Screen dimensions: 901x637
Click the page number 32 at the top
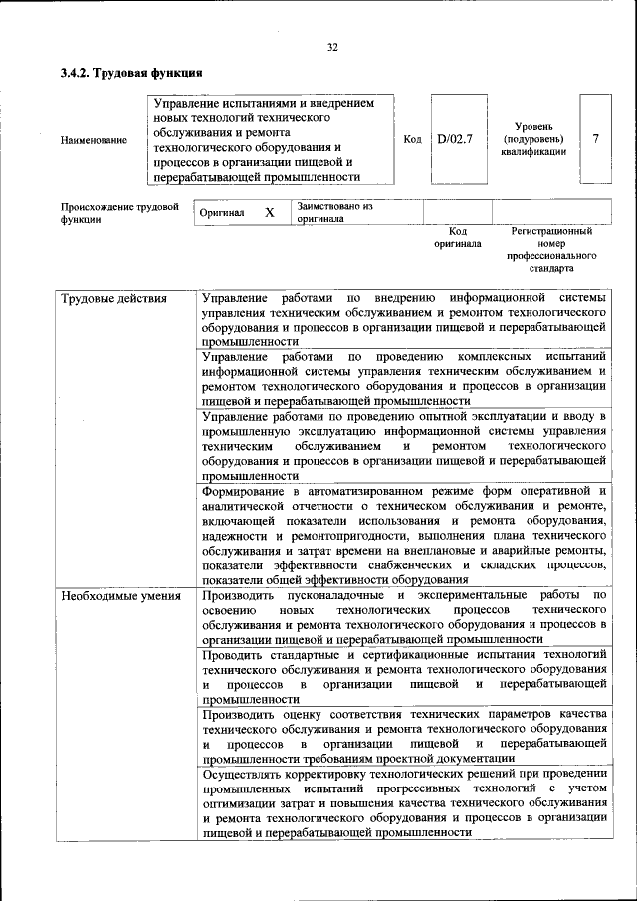coord(333,47)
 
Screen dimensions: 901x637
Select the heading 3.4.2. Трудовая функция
coord(130,73)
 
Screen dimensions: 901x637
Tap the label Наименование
coord(94,140)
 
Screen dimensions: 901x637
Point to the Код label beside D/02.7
coord(412,139)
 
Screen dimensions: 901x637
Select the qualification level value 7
coord(595,138)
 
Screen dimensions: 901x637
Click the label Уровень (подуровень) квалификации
coord(533,139)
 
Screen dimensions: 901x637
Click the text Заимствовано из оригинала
coord(333,212)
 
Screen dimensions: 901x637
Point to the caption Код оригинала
coord(458,237)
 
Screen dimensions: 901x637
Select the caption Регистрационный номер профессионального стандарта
coord(550,249)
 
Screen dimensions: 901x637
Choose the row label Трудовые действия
coord(113,299)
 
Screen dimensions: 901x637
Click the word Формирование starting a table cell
coord(242,492)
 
